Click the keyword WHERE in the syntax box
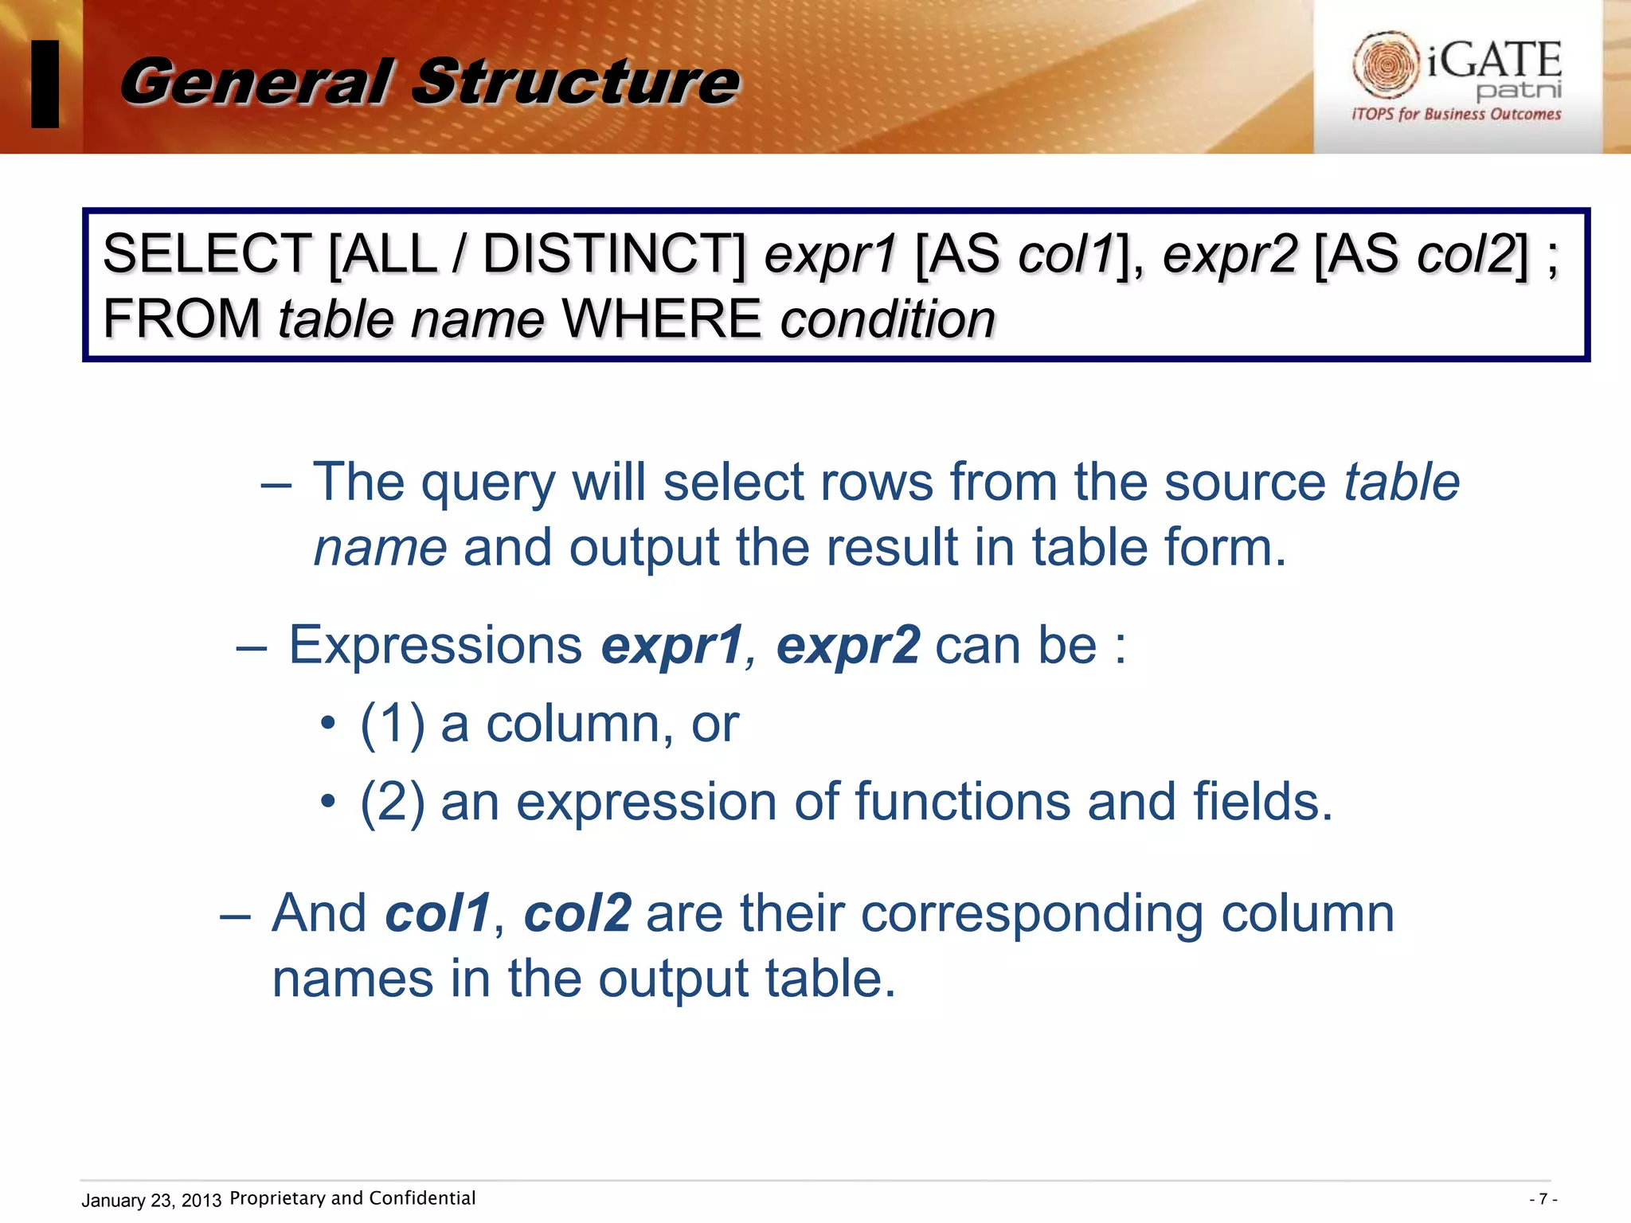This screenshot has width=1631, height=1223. point(661,319)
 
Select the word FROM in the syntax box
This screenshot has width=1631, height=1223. point(182,319)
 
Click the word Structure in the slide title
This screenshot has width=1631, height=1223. point(576,82)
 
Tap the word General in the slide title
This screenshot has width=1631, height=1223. point(256,82)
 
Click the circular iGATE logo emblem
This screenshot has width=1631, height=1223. point(1386,64)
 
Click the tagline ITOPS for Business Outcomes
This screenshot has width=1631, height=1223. point(1456,115)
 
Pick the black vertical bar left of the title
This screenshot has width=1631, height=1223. point(45,84)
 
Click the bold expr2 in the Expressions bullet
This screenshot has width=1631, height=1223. point(848,644)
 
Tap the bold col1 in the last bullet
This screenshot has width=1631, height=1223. point(437,912)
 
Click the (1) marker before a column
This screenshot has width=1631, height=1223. point(393,724)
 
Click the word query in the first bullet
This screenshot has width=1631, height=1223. point(487,483)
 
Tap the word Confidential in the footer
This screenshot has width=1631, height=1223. point(422,1198)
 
